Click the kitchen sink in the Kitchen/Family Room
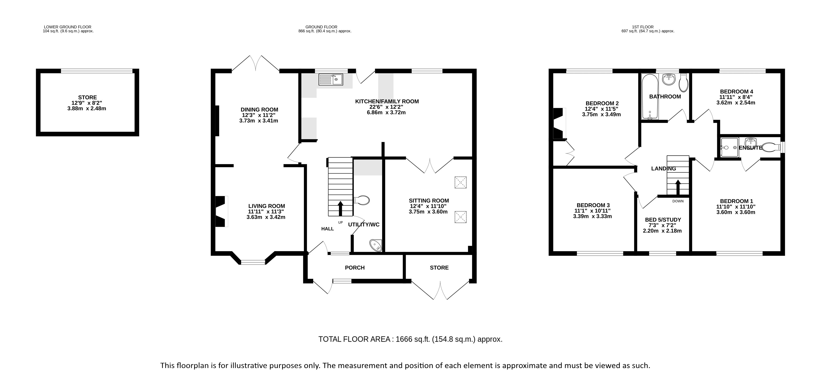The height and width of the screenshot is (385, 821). point(331,79)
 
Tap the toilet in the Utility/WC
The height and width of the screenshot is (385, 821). point(362,200)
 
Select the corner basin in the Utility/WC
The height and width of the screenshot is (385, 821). point(376,245)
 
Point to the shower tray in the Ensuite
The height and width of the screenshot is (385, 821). point(729,148)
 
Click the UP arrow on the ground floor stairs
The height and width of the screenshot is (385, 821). point(340,208)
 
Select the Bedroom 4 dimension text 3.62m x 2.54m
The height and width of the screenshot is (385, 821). point(736,103)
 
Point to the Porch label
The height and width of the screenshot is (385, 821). point(355,268)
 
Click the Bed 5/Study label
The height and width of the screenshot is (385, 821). point(663,220)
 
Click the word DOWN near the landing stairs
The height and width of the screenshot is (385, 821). point(678,201)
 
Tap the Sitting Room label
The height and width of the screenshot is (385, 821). point(429,201)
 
